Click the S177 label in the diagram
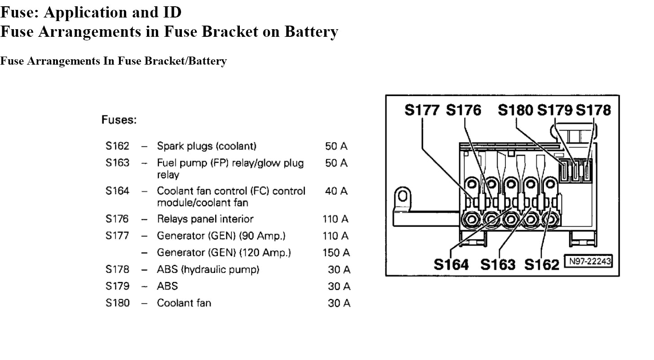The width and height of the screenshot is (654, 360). coord(422,110)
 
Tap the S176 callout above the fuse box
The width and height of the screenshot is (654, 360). coord(463,110)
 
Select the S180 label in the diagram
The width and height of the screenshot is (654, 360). coord(515,110)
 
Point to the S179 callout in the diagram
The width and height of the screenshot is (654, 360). coord(555,110)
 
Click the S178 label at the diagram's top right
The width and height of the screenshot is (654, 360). coord(593,110)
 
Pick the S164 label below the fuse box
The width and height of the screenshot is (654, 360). coord(451,264)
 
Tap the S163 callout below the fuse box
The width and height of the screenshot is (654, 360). coord(498,264)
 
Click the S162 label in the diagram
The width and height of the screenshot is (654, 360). coord(541,264)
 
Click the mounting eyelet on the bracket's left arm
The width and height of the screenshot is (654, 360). coord(402,196)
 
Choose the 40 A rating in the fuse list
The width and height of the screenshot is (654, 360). coord(336,191)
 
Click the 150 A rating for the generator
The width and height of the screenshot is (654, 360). coord(336,253)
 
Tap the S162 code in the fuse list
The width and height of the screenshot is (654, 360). coord(117,146)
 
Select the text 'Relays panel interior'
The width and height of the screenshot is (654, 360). coord(205,219)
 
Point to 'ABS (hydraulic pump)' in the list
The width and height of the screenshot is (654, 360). coord(208,270)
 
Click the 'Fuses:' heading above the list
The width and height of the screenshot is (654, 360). coord(119,120)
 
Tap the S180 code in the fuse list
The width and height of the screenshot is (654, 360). coord(117,303)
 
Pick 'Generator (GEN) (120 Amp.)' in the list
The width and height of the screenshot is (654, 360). coord(224,253)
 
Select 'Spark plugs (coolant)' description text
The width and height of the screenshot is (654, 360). coord(207,146)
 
